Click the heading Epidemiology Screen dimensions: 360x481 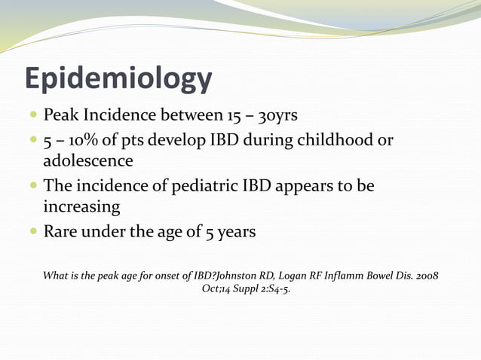pyautogui.click(x=118, y=79)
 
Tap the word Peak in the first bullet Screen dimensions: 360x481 pyautogui.click(x=60, y=115)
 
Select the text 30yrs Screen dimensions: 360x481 pyautogui.click(x=283, y=115)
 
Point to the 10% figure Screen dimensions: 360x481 pyautogui.click(x=84, y=141)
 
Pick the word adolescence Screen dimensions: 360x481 pyautogui.click(x=88, y=160)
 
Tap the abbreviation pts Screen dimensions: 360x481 pyautogui.click(x=122, y=141)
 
